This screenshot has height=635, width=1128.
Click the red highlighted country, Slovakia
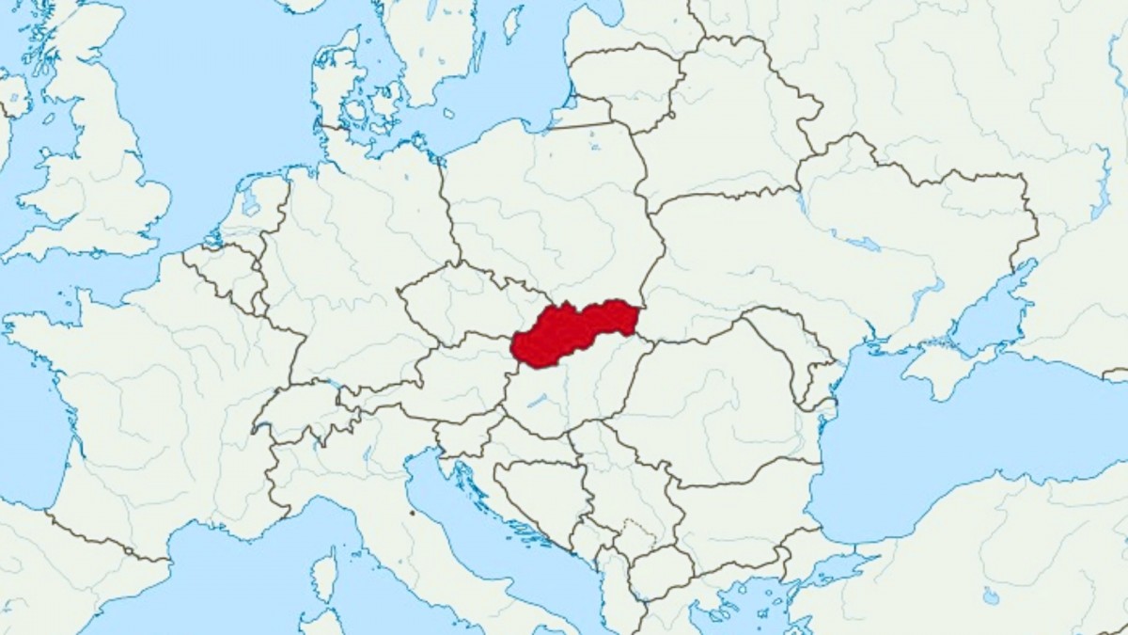pos(569,331)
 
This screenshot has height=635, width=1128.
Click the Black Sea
pos(940,442)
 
